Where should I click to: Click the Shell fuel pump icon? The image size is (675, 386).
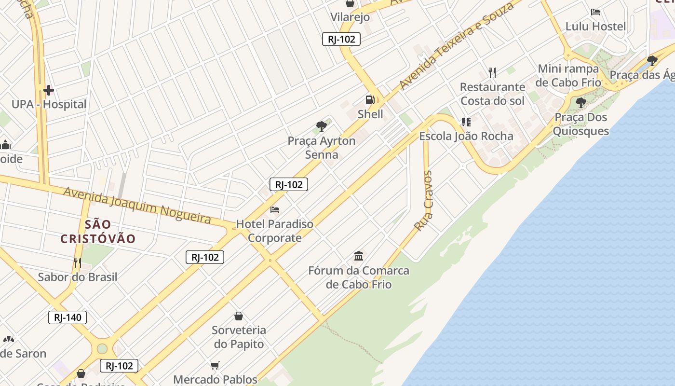pos(370,100)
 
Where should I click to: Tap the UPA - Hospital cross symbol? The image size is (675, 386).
pos(48,90)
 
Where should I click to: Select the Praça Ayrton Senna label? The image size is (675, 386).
pos(322,148)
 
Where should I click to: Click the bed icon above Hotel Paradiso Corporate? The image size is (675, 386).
pos(275,210)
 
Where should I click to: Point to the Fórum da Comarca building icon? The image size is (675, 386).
pos(359,256)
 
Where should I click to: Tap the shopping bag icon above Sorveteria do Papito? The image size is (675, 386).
pos(238,316)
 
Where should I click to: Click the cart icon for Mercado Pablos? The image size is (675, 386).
pos(215,365)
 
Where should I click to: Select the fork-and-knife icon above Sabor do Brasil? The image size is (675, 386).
pos(77,262)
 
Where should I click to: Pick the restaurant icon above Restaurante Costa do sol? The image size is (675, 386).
pos(492,73)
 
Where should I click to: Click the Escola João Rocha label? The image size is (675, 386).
pos(466,136)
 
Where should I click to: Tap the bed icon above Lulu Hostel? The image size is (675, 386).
pos(595,12)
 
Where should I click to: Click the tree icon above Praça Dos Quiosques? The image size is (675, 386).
pos(580,102)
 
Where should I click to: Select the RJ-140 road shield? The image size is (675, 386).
pos(67,317)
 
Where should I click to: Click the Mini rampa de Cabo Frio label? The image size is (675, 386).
pos(568,75)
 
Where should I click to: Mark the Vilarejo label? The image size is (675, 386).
pos(350,17)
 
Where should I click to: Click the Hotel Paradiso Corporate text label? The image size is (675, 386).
pos(274,231)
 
